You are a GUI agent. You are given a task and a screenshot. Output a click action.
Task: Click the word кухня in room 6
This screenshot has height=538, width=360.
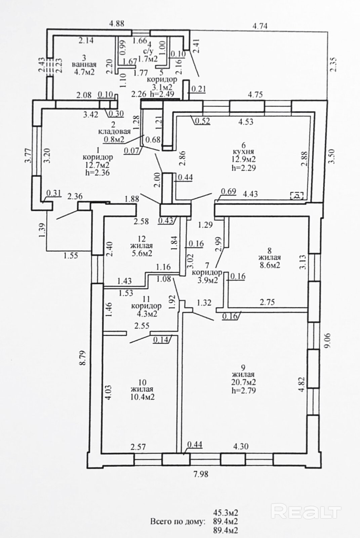243,152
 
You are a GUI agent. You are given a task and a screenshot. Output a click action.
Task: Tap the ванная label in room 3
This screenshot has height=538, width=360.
84,65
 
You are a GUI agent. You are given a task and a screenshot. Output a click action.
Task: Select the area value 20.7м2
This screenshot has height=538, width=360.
243,382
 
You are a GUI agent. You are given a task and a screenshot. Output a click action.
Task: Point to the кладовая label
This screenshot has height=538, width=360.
114,131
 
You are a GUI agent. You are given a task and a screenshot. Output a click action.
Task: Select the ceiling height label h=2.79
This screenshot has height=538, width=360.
243,390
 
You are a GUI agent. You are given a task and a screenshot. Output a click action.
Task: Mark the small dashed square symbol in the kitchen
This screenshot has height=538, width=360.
297,196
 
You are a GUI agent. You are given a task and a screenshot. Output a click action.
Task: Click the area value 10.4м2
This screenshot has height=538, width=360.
142,397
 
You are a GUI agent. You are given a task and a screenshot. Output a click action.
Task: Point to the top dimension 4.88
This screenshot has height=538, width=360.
117,24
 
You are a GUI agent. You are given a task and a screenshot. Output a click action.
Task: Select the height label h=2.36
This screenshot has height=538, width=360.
97,172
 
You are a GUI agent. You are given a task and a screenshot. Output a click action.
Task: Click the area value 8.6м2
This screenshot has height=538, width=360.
269,265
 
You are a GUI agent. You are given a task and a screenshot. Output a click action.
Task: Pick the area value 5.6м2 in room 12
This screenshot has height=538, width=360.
141,253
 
